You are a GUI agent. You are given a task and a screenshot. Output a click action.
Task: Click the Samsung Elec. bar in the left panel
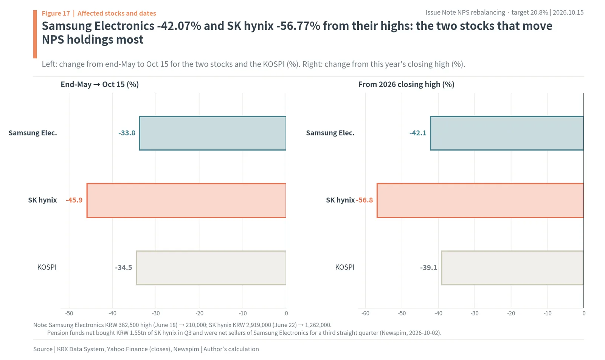tap(213, 133)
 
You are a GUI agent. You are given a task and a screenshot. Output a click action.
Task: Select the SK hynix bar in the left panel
tap(186, 200)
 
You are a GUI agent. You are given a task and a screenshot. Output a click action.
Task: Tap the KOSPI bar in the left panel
tap(211, 268)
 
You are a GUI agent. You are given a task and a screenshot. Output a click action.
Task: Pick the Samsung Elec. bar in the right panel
tap(507, 133)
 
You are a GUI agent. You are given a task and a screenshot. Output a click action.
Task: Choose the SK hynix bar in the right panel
tap(480, 200)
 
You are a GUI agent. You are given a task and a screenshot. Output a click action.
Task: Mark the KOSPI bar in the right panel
tap(513, 268)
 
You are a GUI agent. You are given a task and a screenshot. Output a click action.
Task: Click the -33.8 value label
tap(127, 133)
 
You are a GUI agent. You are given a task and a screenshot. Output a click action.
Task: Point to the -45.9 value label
tap(74, 200)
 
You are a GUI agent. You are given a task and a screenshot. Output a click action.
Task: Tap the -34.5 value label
tap(123, 268)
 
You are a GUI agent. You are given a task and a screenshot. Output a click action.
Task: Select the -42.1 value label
tap(418, 133)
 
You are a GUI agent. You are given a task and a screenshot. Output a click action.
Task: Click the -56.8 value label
tap(365, 200)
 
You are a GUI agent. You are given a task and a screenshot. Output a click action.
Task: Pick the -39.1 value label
tap(429, 268)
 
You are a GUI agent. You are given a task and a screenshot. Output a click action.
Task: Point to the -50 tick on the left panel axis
tap(69, 313)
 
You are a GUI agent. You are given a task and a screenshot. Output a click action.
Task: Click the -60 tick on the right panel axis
tap(365, 313)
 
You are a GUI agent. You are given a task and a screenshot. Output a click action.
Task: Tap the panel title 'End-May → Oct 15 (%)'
tap(100, 85)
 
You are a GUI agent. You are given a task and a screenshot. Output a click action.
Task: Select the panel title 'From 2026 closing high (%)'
tap(406, 85)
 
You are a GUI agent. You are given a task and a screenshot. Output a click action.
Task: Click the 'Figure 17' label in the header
tap(56, 13)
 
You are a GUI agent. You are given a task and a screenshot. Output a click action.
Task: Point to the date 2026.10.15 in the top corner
tap(568, 13)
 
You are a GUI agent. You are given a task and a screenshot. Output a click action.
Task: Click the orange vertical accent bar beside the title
tap(35, 34)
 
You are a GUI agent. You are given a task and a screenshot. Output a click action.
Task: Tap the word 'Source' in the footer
tap(43, 349)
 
